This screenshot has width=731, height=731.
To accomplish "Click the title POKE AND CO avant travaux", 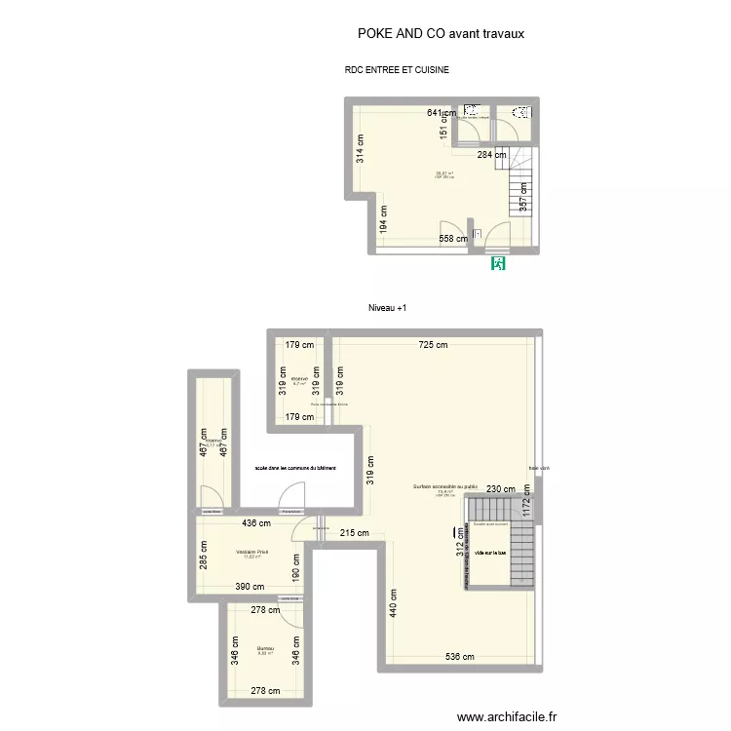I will pyautogui.click(x=442, y=33).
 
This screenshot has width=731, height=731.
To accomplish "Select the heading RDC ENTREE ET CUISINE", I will pyautogui.click(x=397, y=70).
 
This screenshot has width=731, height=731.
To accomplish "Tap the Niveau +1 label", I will pyautogui.click(x=387, y=308).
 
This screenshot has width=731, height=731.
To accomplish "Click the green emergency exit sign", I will pyautogui.click(x=499, y=263).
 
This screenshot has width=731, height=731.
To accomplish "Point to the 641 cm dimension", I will pyautogui.click(x=442, y=113).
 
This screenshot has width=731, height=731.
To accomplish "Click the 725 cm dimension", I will pyautogui.click(x=434, y=344).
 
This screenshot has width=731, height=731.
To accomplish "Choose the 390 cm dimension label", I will pyautogui.click(x=249, y=587).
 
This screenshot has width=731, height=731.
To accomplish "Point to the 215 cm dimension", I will pyautogui.click(x=355, y=533).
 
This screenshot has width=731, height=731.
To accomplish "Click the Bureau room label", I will pyautogui.click(x=265, y=649).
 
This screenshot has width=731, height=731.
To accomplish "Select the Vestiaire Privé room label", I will pyautogui.click(x=251, y=553).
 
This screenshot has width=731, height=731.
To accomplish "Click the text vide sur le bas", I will pyautogui.click(x=489, y=554).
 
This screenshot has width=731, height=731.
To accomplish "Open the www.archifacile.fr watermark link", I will pyautogui.click(x=507, y=716).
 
